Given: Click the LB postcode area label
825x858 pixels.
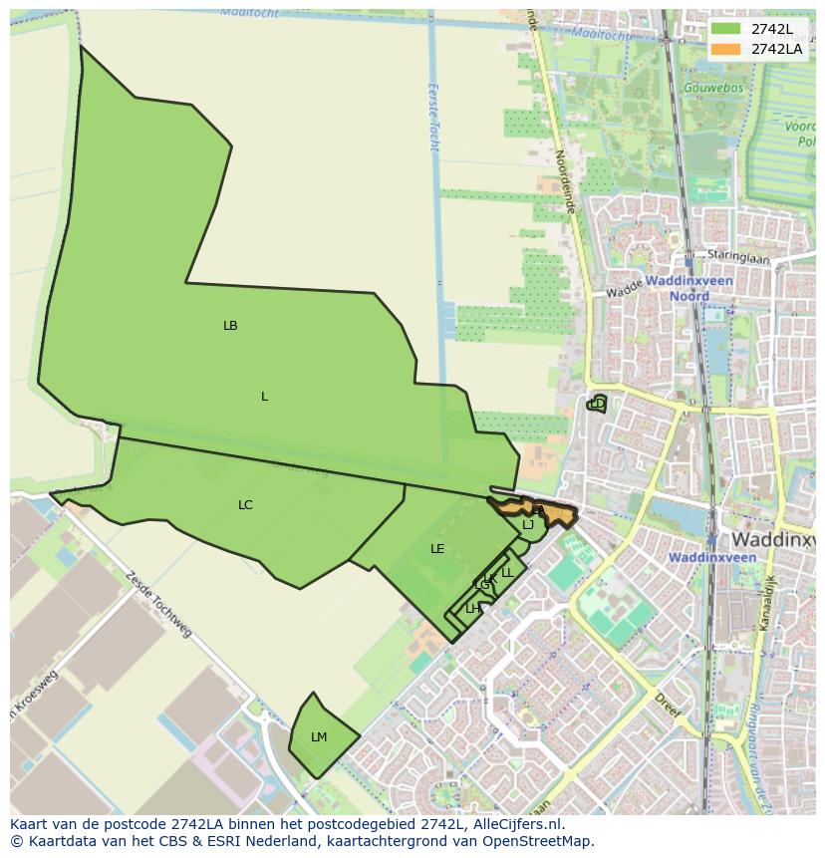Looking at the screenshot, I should (x=230, y=326).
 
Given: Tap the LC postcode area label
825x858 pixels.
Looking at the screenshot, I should (x=245, y=505).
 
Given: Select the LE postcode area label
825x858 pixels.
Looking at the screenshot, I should (x=437, y=549).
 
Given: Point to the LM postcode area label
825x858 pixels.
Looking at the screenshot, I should (x=319, y=737).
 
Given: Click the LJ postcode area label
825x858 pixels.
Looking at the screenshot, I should (x=528, y=525).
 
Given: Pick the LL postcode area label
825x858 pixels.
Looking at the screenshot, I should (x=507, y=573).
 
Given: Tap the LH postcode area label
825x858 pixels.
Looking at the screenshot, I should (x=472, y=609).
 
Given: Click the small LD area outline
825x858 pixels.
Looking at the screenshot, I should (x=598, y=404).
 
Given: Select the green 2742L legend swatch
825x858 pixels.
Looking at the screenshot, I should (x=726, y=29).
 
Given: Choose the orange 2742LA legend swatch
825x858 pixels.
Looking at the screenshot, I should (x=726, y=49).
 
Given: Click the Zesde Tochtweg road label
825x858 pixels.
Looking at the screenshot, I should (x=158, y=604).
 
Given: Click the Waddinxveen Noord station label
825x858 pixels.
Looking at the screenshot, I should (x=689, y=288).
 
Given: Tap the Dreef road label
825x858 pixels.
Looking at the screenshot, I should (x=669, y=705).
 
